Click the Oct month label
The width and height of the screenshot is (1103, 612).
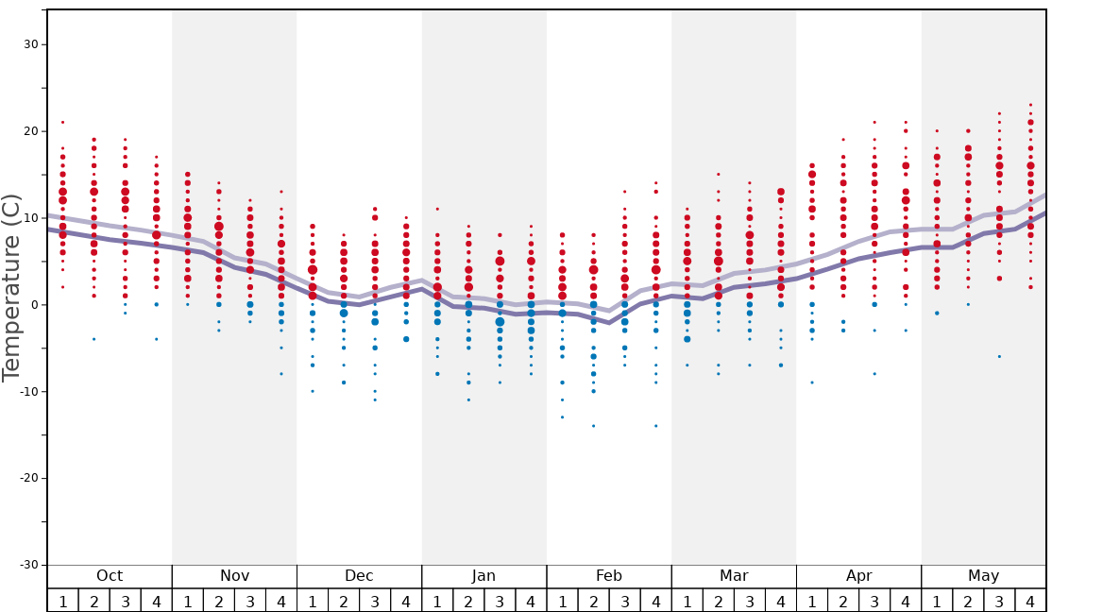point(110,576)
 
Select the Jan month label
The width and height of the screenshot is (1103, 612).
point(484,576)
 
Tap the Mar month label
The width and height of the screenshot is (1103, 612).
point(734,576)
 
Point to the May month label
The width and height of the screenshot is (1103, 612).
point(983,576)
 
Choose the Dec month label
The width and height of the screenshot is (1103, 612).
point(359,576)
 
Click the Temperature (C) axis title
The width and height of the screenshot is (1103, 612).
point(11,287)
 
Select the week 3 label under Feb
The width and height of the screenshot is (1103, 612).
point(624,601)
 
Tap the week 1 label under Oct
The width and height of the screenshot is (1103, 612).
point(62,601)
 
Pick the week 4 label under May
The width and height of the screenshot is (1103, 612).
point(1030,601)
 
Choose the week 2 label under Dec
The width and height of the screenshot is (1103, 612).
point(344,601)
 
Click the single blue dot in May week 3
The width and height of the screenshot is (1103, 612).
point(999,356)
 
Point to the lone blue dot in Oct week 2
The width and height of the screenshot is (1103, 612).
point(93,339)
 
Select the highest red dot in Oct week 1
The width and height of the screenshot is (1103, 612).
point(62,122)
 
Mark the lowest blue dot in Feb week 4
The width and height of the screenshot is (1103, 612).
point(655,426)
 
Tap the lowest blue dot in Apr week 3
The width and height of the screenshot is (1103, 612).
point(874,374)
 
